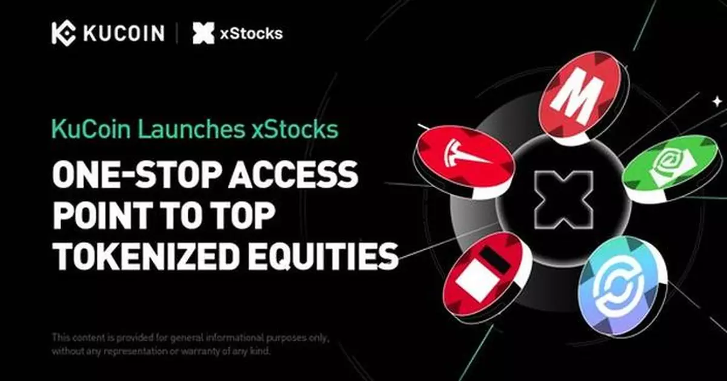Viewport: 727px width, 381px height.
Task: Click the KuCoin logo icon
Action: coord(63,34)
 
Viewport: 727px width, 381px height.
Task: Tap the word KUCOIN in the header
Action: coord(124,34)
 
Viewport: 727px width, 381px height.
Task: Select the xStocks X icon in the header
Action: coord(203,34)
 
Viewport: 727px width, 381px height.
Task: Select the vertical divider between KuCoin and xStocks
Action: coord(177,34)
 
